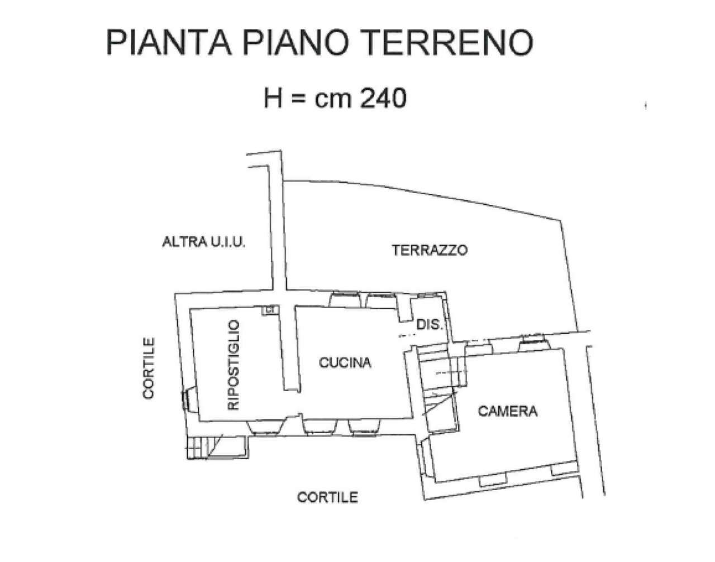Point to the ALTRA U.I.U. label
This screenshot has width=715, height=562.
[x=203, y=242]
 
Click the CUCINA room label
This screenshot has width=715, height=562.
[x=345, y=363]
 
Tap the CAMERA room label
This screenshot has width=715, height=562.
[x=507, y=411]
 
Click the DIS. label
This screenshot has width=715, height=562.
[x=429, y=324]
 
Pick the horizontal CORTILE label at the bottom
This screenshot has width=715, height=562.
[x=327, y=497]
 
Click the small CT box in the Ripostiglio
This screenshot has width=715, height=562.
[x=270, y=309]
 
